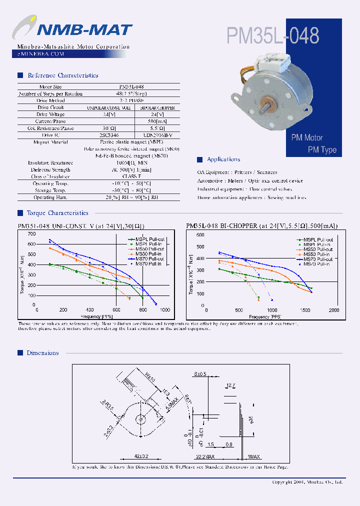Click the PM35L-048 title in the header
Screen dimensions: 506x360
coord(272,35)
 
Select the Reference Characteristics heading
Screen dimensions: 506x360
coord(62,75)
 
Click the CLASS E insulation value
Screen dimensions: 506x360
coord(131,176)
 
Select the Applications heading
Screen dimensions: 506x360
coord(223,159)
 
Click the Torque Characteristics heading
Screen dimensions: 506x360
coord(57,213)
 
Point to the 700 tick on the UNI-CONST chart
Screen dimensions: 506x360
coord(32,234)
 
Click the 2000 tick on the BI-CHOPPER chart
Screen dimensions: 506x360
coord(333,310)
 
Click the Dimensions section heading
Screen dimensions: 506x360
coord(42,353)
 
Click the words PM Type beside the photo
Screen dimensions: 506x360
coord(322,150)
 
